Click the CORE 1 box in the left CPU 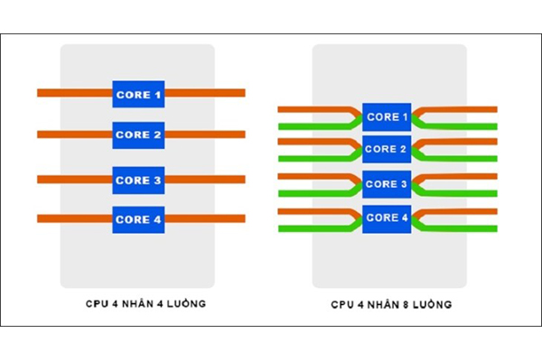[138, 94]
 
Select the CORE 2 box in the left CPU [138, 135]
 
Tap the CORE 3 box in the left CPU [138, 180]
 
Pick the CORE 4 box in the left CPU [138, 219]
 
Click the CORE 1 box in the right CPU [387, 116]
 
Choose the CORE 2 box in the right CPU [387, 149]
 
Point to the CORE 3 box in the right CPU [387, 184]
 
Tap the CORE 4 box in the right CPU [387, 218]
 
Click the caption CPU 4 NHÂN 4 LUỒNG [145, 303]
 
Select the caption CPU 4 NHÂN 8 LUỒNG [391, 304]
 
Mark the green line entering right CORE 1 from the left [320, 126]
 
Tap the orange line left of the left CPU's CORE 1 [75, 93]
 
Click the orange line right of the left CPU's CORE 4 [205, 218]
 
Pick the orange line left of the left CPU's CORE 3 [75, 180]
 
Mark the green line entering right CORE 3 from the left [320, 193]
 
